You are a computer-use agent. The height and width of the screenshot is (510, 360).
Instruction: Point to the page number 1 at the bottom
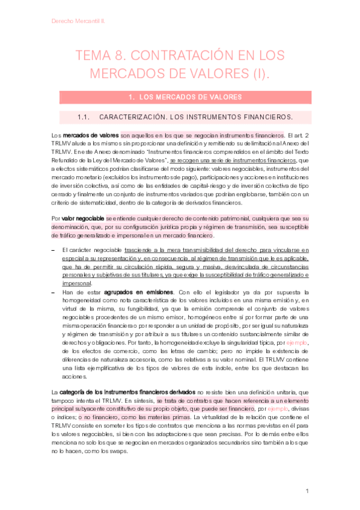tap(307, 491)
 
